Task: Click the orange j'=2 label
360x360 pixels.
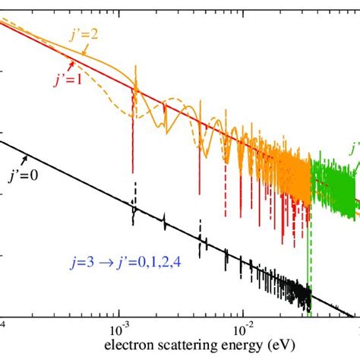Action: coord(108,35)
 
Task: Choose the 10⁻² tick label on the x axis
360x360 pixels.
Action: coord(242,333)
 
